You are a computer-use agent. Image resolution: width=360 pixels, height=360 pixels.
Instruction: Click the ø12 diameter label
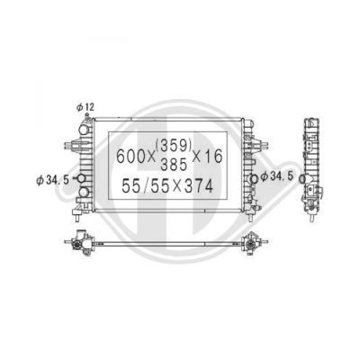(x=85, y=107)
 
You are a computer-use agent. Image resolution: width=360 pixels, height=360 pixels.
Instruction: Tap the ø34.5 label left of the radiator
(x=52, y=180)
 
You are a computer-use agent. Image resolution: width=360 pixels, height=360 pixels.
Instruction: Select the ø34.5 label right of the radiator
(x=276, y=176)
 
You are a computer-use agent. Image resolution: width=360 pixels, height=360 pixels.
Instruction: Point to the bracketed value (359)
(x=174, y=146)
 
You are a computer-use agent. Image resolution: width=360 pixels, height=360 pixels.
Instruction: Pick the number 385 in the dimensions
(x=174, y=164)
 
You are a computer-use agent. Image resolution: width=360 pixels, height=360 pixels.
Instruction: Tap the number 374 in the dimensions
(x=199, y=186)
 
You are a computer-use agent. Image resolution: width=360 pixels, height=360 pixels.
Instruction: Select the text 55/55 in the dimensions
(x=146, y=186)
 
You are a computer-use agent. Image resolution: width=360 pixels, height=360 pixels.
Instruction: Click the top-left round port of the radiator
(x=84, y=130)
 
